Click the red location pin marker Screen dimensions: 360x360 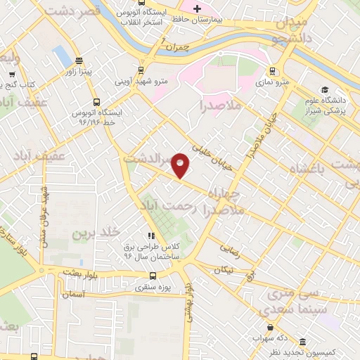(181, 165)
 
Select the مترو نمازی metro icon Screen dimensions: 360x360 (272, 71)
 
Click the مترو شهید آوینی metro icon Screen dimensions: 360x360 (142, 70)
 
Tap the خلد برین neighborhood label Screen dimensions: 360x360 (98, 231)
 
